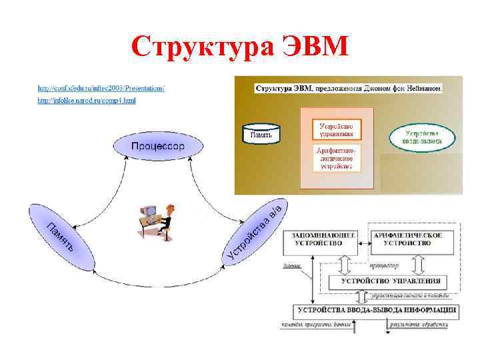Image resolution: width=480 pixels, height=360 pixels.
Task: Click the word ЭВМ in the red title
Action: [x=312, y=47]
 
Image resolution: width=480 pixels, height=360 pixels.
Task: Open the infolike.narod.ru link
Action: [x=87, y=101]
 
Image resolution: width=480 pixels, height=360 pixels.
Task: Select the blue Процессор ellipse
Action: [x=158, y=146]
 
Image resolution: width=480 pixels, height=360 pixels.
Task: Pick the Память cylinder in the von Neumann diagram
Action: [x=261, y=135]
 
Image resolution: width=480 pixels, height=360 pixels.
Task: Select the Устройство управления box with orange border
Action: [x=336, y=129]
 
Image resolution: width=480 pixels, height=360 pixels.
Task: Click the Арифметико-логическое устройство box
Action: [x=336, y=158]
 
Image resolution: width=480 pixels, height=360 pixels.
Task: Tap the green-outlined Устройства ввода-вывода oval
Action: [x=423, y=137]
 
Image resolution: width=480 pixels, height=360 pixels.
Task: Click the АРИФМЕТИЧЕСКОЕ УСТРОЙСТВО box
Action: [x=407, y=240]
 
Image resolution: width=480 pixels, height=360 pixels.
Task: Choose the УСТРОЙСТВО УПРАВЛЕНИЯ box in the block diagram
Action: [x=391, y=281]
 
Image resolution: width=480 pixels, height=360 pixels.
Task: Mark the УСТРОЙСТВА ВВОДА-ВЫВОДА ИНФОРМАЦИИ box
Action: [x=377, y=311]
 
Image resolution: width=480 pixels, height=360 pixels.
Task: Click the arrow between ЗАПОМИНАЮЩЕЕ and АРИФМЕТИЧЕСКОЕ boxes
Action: [x=364, y=244]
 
